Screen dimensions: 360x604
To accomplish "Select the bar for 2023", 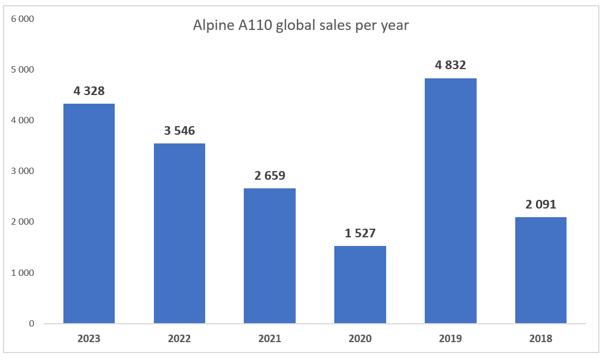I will tap(89, 213).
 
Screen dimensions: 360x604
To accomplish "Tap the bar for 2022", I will tap(179, 233).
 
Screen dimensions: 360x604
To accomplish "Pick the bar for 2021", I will tap(270, 256).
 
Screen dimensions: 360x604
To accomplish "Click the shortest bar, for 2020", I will tap(360, 285).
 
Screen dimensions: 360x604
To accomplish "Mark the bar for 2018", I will tap(541, 270).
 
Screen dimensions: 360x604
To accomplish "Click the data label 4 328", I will tap(89, 91).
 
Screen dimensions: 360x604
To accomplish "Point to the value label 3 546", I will tap(179, 131).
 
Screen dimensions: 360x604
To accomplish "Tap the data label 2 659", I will tap(270, 176).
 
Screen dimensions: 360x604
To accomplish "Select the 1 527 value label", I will tap(360, 233).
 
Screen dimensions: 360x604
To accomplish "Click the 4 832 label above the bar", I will tap(450, 65).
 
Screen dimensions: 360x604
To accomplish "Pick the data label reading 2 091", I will tap(541, 204).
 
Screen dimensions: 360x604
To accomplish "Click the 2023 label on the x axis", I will tap(89, 339).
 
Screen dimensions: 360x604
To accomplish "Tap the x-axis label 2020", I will tap(360, 339).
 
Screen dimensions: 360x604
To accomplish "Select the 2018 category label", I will tap(541, 339).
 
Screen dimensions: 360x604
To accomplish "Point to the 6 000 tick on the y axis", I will tap(23, 19).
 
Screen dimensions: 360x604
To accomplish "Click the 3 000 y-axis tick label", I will tap(23, 171).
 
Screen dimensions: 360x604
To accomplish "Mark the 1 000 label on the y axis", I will tap(23, 272).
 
